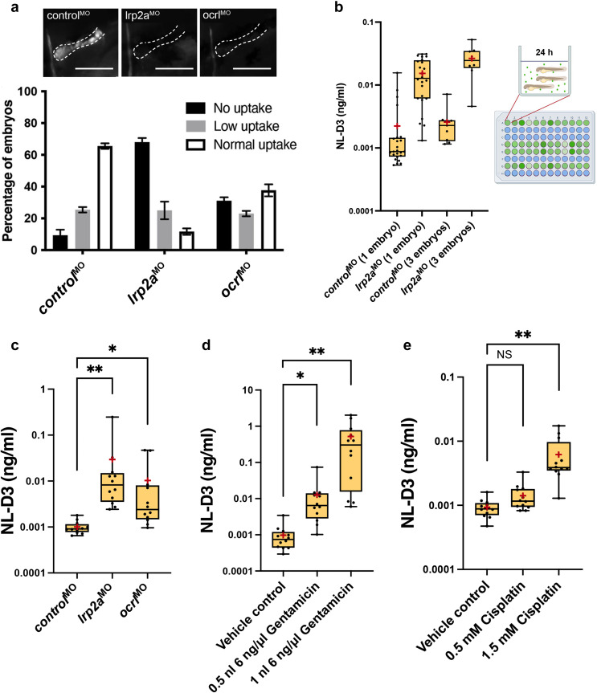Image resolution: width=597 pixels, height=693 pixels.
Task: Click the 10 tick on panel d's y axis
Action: (x=248, y=390)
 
